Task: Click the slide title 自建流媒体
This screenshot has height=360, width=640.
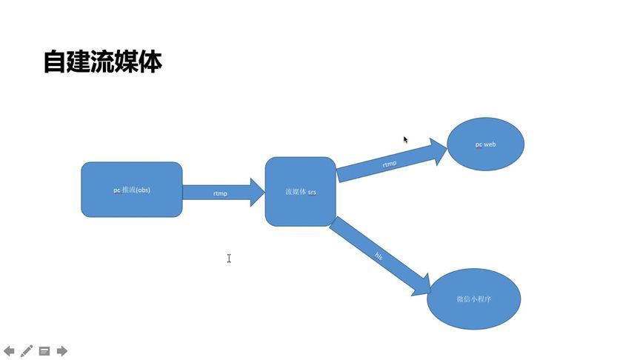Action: click(102, 62)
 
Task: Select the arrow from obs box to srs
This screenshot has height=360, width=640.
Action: click(222, 192)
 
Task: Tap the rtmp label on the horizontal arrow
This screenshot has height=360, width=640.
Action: click(220, 193)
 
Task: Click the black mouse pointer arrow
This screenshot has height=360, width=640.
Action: click(405, 139)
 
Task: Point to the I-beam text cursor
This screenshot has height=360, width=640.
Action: click(229, 258)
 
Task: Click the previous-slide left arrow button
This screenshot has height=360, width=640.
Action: click(10, 350)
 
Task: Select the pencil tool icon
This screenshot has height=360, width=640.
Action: click(27, 350)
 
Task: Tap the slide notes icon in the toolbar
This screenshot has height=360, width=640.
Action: click(44, 350)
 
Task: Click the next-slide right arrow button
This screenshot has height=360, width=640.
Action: click(62, 350)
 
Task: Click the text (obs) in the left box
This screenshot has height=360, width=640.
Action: click(143, 190)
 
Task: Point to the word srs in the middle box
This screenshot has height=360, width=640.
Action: click(312, 192)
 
